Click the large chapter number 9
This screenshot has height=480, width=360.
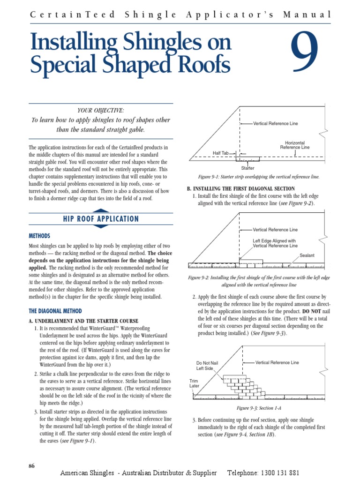pos(305,53)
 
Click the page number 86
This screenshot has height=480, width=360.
pos(31,465)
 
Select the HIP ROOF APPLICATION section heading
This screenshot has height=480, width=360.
pos(101,219)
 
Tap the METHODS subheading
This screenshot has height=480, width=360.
pos(39,236)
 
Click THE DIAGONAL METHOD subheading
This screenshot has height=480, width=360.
pos(55,311)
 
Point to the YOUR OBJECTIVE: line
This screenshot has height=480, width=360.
pos(101,110)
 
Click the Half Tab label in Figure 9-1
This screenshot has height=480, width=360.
pos(220,153)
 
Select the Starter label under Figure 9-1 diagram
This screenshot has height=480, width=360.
pos(247,167)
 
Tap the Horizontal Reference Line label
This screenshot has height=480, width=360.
pos(294,145)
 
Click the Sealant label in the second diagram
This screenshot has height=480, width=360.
pos(307,255)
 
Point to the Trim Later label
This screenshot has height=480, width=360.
pos(194,383)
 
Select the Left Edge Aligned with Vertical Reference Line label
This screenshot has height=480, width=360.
pos(275,243)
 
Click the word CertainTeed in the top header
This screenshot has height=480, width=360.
pos(72,15)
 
